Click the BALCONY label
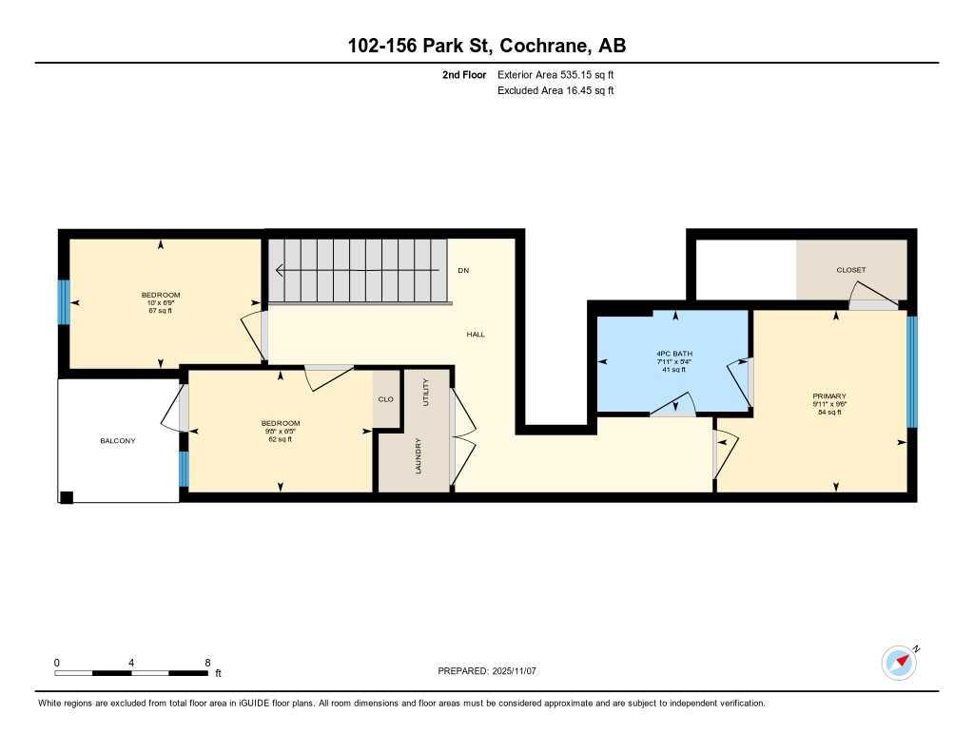[119, 440]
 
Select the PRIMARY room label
[829, 395]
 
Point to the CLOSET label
[851, 270]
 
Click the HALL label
[476, 335]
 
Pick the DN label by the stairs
[463, 271]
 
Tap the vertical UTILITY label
[426, 392]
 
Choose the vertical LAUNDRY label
[419, 455]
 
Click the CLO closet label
[385, 399]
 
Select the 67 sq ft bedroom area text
[161, 311]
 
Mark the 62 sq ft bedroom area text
[281, 439]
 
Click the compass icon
[899, 663]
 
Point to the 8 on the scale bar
[206, 663]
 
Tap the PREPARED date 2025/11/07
[520, 671]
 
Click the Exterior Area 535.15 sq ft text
[561, 74]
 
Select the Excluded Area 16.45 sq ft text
[555, 90]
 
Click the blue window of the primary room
[911, 372]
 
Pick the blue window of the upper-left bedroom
[64, 302]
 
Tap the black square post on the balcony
[67, 496]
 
